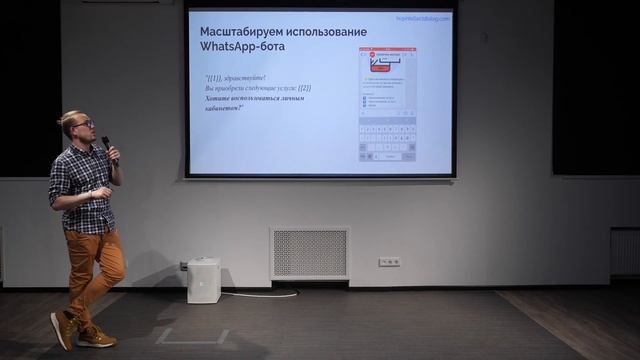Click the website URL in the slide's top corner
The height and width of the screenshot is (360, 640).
(x=422, y=18)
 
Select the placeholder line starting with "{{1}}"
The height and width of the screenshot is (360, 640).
(x=238, y=77)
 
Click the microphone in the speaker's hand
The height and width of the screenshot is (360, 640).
(x=108, y=147)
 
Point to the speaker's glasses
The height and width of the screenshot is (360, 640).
(x=85, y=124)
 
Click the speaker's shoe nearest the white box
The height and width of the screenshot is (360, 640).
(x=97, y=337)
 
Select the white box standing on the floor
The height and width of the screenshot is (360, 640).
(x=203, y=280)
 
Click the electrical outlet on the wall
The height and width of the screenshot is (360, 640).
(x=389, y=262)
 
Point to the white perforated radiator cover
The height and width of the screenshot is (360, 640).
(x=309, y=253)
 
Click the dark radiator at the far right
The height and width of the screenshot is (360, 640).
(x=624, y=251)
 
